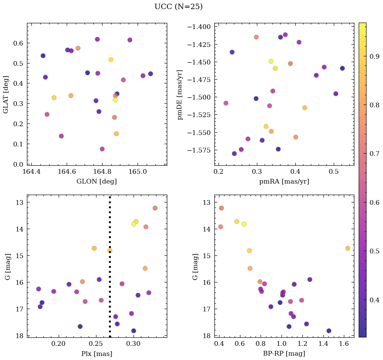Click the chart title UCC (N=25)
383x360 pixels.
click(178, 7)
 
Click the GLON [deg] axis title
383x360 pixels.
click(97, 182)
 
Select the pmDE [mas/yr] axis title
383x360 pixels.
click(180, 94)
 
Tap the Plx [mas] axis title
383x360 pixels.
click(97, 354)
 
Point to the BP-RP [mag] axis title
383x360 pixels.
click(284, 354)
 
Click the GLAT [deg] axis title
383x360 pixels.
click(6, 94)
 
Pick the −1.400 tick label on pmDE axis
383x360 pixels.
click(201, 27)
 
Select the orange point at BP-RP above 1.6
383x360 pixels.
click(348, 248)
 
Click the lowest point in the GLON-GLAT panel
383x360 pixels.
click(102, 149)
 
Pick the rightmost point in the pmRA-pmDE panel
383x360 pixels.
click(342, 68)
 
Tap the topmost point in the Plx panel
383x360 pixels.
click(155, 208)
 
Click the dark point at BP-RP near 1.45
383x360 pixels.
click(329, 331)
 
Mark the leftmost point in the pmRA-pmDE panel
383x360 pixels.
click(226, 103)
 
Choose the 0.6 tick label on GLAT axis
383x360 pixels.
click(18, 43)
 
